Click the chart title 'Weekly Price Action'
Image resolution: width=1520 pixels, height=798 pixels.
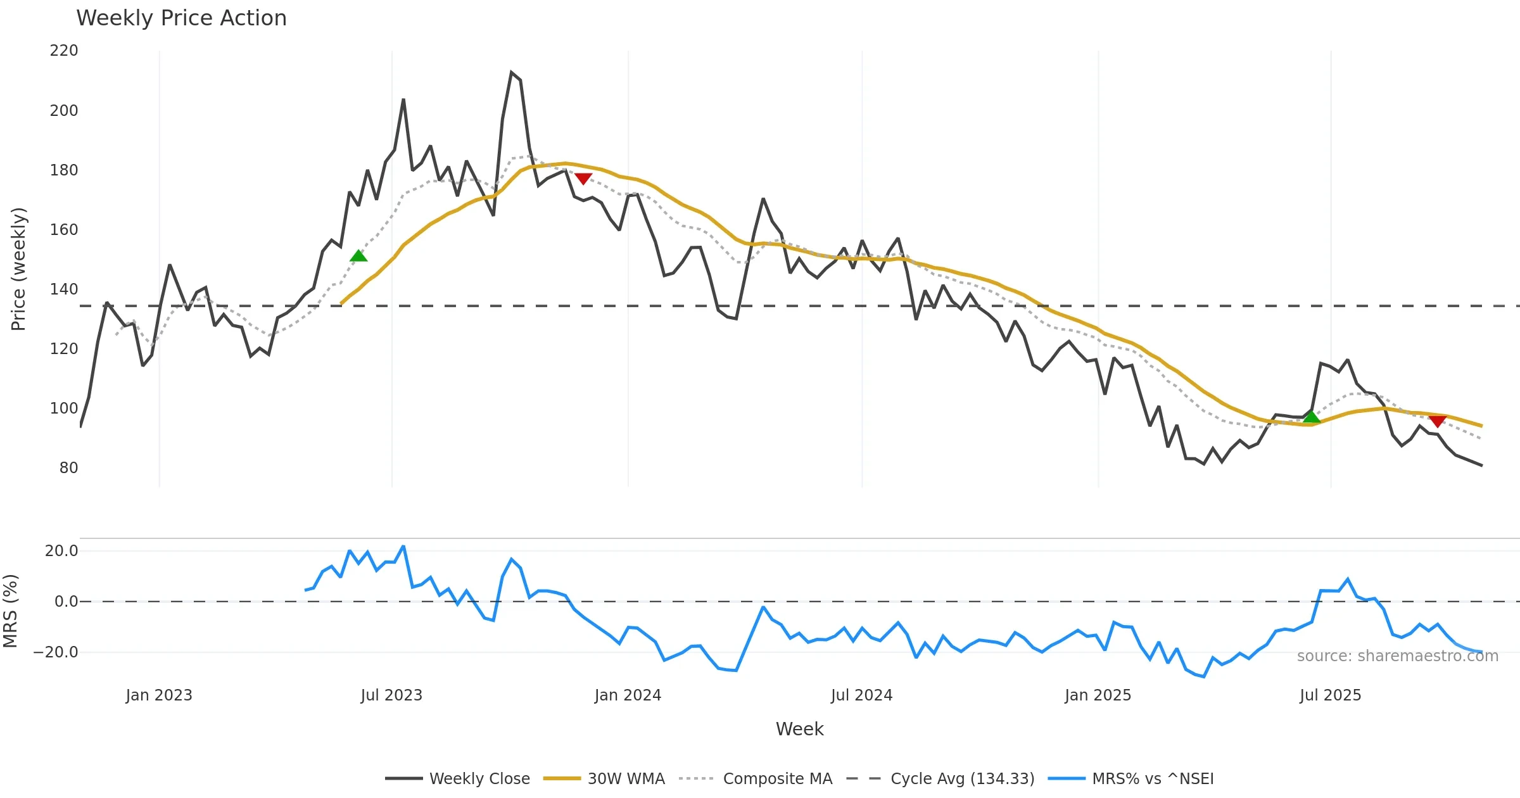(181, 18)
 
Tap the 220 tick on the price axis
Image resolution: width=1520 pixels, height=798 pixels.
(64, 51)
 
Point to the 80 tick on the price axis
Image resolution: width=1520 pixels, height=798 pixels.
(68, 468)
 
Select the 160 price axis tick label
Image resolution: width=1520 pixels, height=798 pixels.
(64, 230)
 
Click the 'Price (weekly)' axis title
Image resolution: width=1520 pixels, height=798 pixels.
(18, 269)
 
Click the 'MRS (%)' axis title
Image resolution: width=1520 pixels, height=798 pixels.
(10, 611)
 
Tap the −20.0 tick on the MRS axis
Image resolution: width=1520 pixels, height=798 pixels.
(56, 652)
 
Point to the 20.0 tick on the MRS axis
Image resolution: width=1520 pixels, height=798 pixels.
(61, 551)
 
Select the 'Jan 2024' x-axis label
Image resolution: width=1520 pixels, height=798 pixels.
(628, 695)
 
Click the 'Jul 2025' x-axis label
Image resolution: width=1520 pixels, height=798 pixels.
(1330, 695)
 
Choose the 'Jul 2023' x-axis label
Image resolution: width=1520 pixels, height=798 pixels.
(391, 695)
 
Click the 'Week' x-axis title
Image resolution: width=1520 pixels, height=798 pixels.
(799, 730)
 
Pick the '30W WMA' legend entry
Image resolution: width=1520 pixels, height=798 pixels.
(626, 779)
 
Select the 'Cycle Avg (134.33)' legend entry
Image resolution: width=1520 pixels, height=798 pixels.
(962, 779)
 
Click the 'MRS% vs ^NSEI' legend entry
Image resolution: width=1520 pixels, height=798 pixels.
(1153, 779)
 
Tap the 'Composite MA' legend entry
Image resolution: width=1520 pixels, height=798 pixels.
(777, 779)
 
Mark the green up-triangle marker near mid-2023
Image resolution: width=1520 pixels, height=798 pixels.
(358, 256)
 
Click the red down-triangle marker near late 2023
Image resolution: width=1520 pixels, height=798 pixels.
(583, 179)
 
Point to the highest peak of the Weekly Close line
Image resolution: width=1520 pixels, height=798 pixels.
(511, 73)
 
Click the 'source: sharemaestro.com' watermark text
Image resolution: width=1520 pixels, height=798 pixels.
(1397, 656)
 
